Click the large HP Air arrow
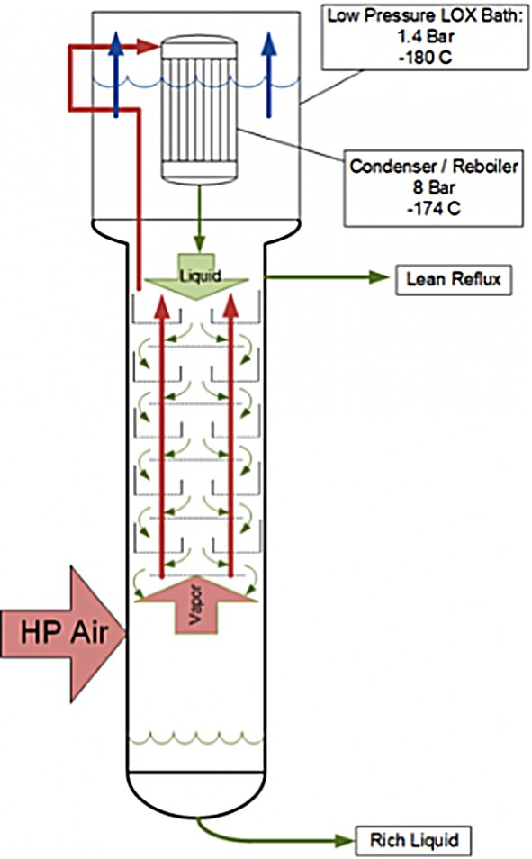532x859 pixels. (63, 634)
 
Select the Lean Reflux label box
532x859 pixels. (454, 280)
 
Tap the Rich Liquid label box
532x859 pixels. (414, 840)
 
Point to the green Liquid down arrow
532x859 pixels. (197, 278)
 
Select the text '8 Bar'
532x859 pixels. (433, 187)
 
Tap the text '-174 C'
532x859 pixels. (433, 208)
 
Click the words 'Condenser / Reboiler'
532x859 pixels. (433, 166)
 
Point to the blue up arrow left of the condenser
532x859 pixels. (115, 75)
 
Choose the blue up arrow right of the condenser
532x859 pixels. (268, 75)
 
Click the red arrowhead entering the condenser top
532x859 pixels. (149, 46)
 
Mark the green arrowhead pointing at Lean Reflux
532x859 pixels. (379, 277)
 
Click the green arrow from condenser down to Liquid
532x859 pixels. (200, 218)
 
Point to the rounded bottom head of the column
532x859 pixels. (196, 794)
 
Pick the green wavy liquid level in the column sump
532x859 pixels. (195, 738)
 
